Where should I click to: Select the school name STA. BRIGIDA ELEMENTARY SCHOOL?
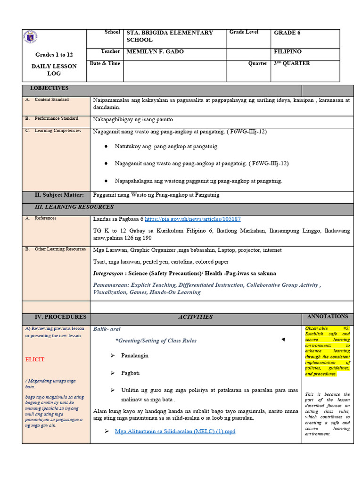click(x=170, y=36)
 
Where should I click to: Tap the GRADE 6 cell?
click(x=287, y=33)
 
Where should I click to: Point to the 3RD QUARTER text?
click(x=292, y=63)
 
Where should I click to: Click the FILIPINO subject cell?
click(x=288, y=51)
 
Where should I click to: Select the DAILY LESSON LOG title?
click(x=54, y=70)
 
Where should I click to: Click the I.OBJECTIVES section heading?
click(x=49, y=88)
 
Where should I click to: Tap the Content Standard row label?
click(x=51, y=100)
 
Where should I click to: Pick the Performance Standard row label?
click(x=56, y=119)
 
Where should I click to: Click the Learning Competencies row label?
click(x=58, y=131)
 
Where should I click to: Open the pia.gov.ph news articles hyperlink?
click(x=193, y=219)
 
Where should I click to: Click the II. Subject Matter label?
click(x=59, y=195)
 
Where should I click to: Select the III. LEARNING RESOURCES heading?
click(x=74, y=207)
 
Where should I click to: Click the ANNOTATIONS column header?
click(x=327, y=316)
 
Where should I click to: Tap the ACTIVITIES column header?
click(x=195, y=317)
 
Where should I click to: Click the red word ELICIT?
click(x=35, y=359)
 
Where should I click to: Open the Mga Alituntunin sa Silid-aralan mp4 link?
click(x=175, y=432)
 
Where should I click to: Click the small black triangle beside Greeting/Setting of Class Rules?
click(x=283, y=340)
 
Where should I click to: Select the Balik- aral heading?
click(x=107, y=329)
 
